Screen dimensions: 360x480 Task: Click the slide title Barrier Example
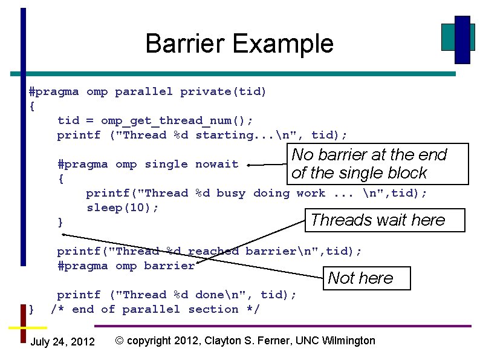(x=239, y=44)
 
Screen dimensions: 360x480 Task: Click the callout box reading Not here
(x=367, y=278)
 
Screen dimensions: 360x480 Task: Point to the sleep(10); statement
(x=123, y=208)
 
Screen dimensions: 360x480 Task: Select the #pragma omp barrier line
(x=126, y=266)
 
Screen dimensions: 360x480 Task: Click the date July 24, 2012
(x=62, y=342)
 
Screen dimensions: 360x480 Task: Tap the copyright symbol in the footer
(x=120, y=341)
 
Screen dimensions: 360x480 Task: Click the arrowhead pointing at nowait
(x=250, y=164)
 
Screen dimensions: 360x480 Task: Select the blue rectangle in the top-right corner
(x=462, y=39)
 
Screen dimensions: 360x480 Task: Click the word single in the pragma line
(x=166, y=164)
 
